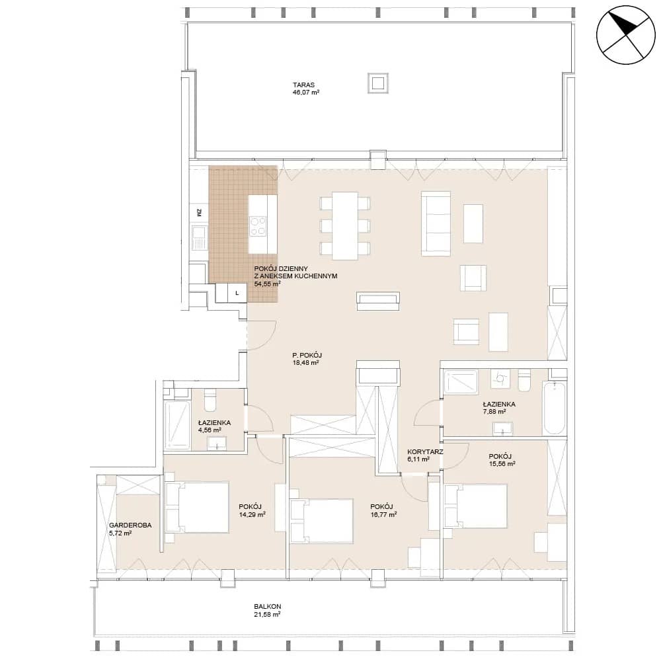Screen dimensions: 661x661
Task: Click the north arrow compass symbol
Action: pyautogui.click(x=625, y=35)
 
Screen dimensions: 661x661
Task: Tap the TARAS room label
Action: pyautogui.click(x=304, y=85)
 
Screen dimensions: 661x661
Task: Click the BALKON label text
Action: pyautogui.click(x=267, y=607)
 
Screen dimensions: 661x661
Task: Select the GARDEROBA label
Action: pyautogui.click(x=130, y=525)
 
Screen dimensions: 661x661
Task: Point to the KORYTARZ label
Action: pyautogui.click(x=425, y=452)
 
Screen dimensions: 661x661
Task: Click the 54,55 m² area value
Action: pyautogui.click(x=267, y=284)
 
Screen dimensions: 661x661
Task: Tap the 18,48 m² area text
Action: pyautogui.click(x=305, y=362)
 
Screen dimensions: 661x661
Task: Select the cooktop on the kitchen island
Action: pyautogui.click(x=258, y=225)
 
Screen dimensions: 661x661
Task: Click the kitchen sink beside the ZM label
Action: pyautogui.click(x=198, y=237)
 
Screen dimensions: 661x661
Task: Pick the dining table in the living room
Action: pyautogui.click(x=345, y=225)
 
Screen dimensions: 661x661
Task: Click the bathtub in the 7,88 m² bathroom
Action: pyautogui.click(x=555, y=408)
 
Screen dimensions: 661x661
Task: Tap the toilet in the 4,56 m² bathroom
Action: pyautogui.click(x=210, y=401)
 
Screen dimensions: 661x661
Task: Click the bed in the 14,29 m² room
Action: pyautogui.click(x=197, y=508)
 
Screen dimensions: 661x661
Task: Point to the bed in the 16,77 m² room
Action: pyautogui.click(x=321, y=521)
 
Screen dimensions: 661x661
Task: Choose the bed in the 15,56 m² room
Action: pyautogui.click(x=475, y=506)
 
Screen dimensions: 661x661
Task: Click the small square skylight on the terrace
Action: pyautogui.click(x=377, y=83)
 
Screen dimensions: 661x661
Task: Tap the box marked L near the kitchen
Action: pyautogui.click(x=237, y=293)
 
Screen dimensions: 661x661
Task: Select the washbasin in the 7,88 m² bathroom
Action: pyautogui.click(x=502, y=429)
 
